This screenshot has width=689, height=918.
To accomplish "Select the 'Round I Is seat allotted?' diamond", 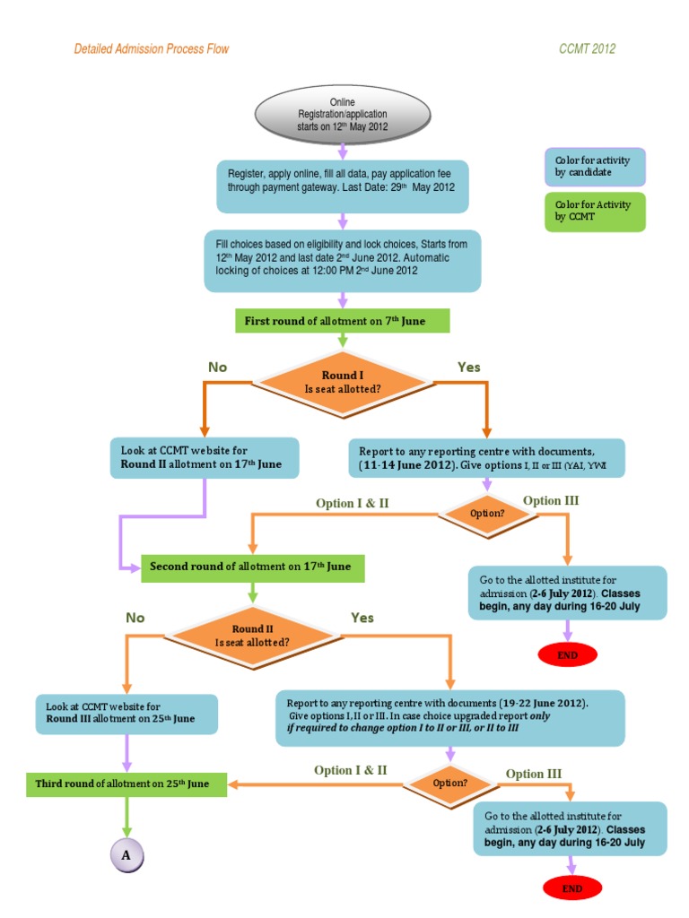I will [342, 382].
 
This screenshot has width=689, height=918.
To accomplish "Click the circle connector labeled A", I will [126, 855].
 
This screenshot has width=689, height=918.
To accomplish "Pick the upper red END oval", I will [567, 654].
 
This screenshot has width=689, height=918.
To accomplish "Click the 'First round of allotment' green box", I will [342, 321].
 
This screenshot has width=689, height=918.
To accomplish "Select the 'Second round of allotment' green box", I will [252, 567].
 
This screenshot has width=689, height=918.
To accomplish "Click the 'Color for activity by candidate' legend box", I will [594, 166].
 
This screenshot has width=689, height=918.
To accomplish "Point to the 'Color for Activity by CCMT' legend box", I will [594, 211].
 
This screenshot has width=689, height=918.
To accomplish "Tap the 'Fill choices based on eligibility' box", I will [342, 261].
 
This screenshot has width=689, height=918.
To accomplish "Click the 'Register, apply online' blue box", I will [342, 187].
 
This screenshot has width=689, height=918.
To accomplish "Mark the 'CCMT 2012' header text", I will [587, 48].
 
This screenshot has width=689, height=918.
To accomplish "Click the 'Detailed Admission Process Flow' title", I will [151, 48].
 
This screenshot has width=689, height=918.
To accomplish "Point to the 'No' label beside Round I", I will [218, 368].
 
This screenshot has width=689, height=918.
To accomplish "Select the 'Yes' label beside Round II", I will [362, 618].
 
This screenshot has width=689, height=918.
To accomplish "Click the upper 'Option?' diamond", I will [487, 514].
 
